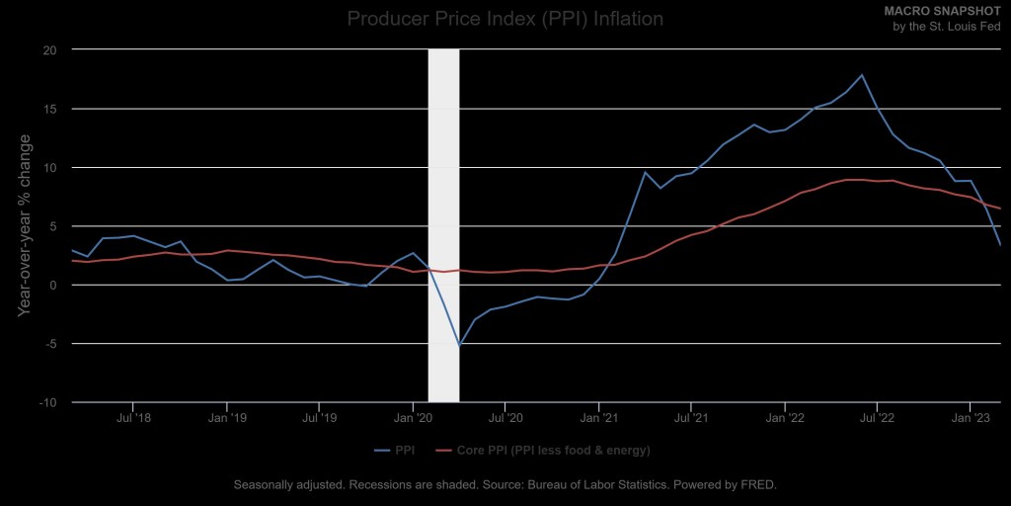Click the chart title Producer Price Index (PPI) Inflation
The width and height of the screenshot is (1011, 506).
click(505, 19)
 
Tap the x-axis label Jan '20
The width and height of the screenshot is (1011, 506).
click(412, 418)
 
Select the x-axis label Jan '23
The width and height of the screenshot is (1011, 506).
click(970, 418)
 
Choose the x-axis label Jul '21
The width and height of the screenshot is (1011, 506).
click(691, 418)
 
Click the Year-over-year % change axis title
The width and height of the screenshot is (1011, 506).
click(24, 226)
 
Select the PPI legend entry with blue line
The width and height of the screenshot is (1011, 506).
click(395, 451)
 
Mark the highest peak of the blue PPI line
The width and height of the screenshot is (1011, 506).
click(862, 75)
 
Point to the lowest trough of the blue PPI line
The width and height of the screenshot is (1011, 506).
click(459, 345)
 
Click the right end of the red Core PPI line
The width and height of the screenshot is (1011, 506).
click(999, 209)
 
